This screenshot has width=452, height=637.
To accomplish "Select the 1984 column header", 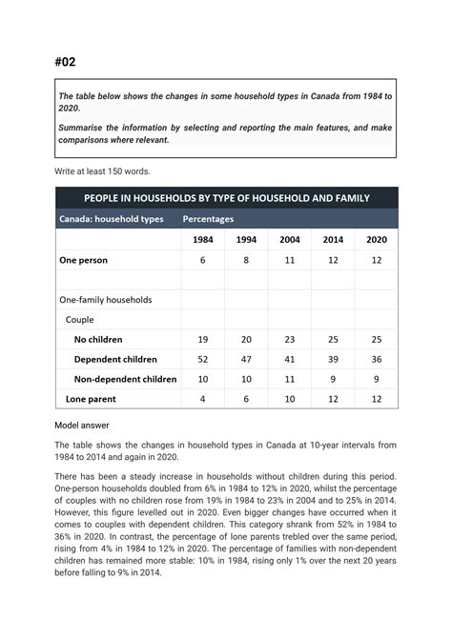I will click(x=202, y=239).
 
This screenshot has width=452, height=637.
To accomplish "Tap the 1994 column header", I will click(x=245, y=239).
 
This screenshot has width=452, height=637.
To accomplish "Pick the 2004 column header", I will click(x=289, y=239).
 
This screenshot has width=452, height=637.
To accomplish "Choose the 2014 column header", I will click(x=333, y=239).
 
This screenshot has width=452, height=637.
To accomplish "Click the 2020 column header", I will click(x=377, y=239).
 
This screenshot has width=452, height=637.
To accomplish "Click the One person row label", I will click(x=84, y=260).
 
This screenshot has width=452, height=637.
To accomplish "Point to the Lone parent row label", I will click(x=91, y=399).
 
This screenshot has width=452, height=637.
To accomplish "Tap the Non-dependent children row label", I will click(x=125, y=379).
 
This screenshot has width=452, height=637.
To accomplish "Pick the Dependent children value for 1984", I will click(x=202, y=359).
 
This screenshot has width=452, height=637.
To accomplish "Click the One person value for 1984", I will click(x=202, y=260).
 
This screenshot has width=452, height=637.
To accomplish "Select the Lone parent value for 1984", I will click(x=202, y=399).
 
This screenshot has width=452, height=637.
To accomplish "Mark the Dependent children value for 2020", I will click(x=377, y=359).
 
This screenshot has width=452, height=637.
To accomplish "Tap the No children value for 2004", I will click(x=289, y=339).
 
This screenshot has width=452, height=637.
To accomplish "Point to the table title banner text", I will click(x=226, y=198).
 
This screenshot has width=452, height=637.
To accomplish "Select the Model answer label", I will click(x=84, y=426).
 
